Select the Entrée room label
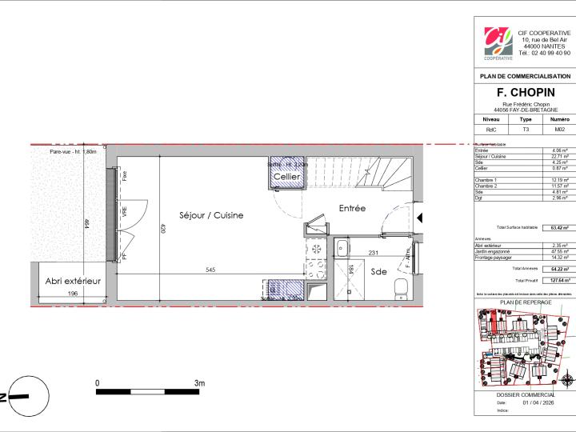coord(351,208)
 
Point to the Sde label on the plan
coord(378,272)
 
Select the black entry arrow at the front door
coord(421,217)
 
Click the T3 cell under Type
coord(526,128)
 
